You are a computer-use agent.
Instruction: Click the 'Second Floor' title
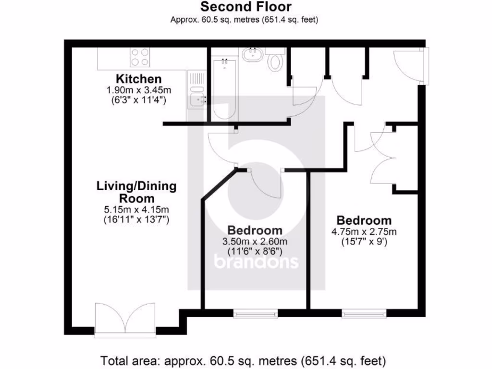(x=246, y=7)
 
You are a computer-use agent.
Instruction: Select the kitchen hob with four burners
(x=140, y=58)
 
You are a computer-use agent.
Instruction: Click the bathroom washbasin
(x=252, y=54)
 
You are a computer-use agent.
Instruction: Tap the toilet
(x=275, y=61)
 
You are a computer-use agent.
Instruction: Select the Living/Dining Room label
(x=136, y=192)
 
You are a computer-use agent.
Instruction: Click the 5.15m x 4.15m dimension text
(x=137, y=210)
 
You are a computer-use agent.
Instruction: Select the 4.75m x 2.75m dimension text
(x=364, y=232)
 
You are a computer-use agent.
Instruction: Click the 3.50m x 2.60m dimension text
(x=255, y=241)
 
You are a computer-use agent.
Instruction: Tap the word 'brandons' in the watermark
(x=256, y=262)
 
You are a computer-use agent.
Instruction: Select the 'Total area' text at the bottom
(x=243, y=360)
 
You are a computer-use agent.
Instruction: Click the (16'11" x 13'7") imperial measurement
(x=137, y=220)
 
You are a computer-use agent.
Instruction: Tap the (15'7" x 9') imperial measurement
(x=364, y=242)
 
